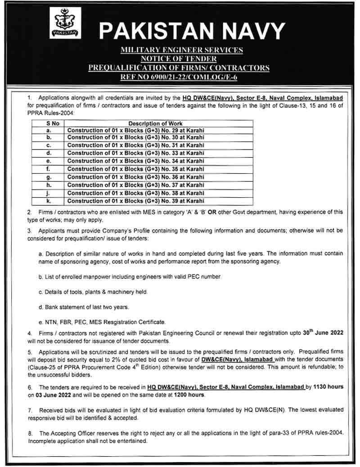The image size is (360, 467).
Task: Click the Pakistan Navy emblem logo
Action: point(65,23)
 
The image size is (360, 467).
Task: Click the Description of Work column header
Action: point(155,123)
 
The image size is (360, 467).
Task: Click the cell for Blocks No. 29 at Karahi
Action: point(135,130)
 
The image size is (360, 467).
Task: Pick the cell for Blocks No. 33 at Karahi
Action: point(135,154)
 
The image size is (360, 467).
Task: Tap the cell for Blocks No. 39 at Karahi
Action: point(135,201)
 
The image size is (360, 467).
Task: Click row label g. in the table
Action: point(48,177)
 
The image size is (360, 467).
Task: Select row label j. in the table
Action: point(48,193)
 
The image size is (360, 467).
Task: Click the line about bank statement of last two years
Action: point(84,307)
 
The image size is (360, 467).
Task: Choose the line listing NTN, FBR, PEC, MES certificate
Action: point(103,322)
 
